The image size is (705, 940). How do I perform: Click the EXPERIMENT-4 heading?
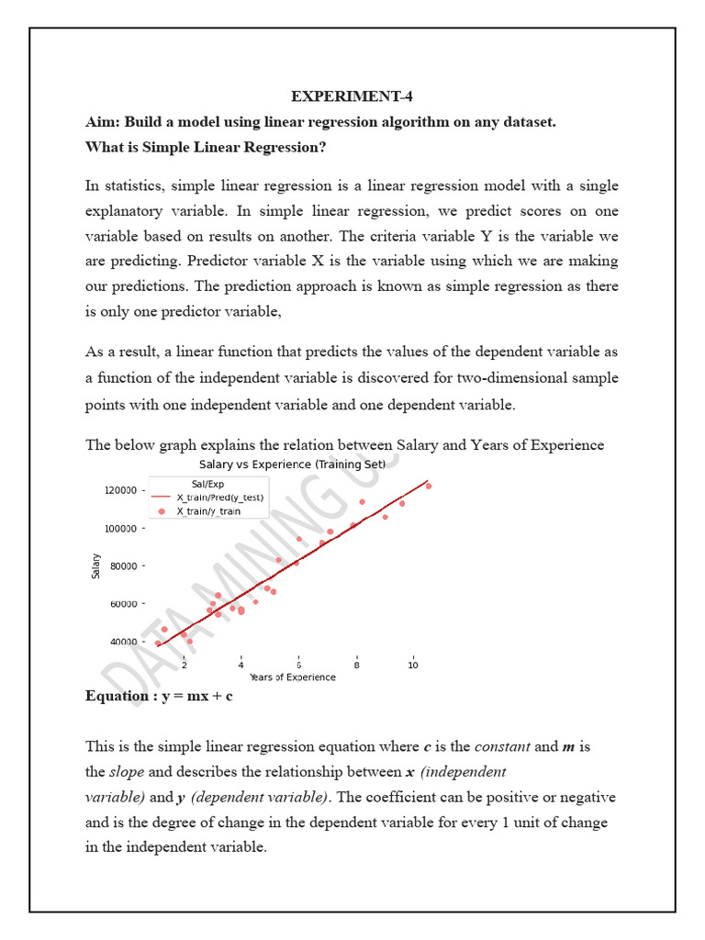coord(352,97)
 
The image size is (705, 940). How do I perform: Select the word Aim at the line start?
coord(103,122)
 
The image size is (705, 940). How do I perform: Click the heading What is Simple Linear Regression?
coord(207,147)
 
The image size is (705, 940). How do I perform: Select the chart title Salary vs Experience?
coord(292,464)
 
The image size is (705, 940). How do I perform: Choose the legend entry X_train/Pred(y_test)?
coord(219,497)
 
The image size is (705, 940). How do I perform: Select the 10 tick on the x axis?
coord(414,665)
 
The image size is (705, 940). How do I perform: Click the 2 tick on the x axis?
coord(185,665)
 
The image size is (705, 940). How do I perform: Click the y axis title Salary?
coord(96,565)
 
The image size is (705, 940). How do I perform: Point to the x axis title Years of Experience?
coord(292,677)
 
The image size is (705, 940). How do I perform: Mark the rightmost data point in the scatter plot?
coord(428,486)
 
